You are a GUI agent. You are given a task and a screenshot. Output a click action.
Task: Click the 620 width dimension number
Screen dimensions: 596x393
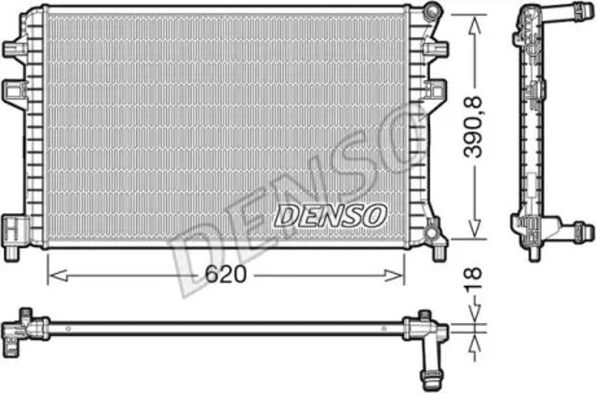click(225, 274)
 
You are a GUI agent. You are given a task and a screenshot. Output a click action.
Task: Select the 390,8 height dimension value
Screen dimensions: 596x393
click(473, 127)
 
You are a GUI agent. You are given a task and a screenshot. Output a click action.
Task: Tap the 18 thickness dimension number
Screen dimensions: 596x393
click(473, 280)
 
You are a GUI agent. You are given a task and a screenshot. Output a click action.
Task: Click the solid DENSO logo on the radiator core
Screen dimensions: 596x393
click(331, 216)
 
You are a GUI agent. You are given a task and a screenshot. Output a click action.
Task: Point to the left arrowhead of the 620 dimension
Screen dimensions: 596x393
click(59, 276)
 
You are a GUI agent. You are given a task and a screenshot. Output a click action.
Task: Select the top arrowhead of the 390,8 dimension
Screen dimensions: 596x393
click(475, 25)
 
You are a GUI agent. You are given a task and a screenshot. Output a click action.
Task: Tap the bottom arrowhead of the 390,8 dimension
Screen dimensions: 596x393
click(474, 228)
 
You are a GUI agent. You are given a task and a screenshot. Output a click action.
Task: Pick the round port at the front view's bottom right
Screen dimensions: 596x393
click(430, 232)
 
